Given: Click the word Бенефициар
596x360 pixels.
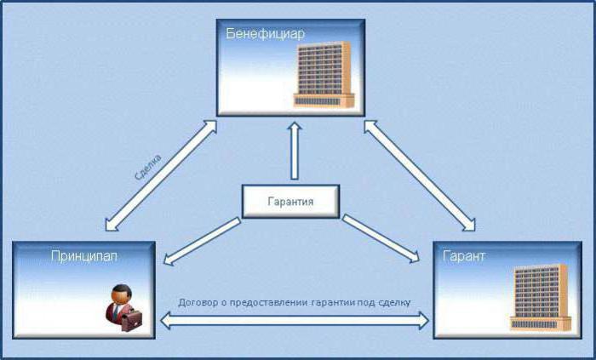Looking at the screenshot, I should coord(266,33).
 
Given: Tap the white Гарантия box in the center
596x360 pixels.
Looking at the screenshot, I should coord(292,202).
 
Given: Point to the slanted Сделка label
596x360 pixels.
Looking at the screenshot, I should coord(148,167).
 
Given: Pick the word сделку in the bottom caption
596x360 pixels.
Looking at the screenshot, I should coord(392,302).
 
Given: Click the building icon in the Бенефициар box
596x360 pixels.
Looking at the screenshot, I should coord(324,75).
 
